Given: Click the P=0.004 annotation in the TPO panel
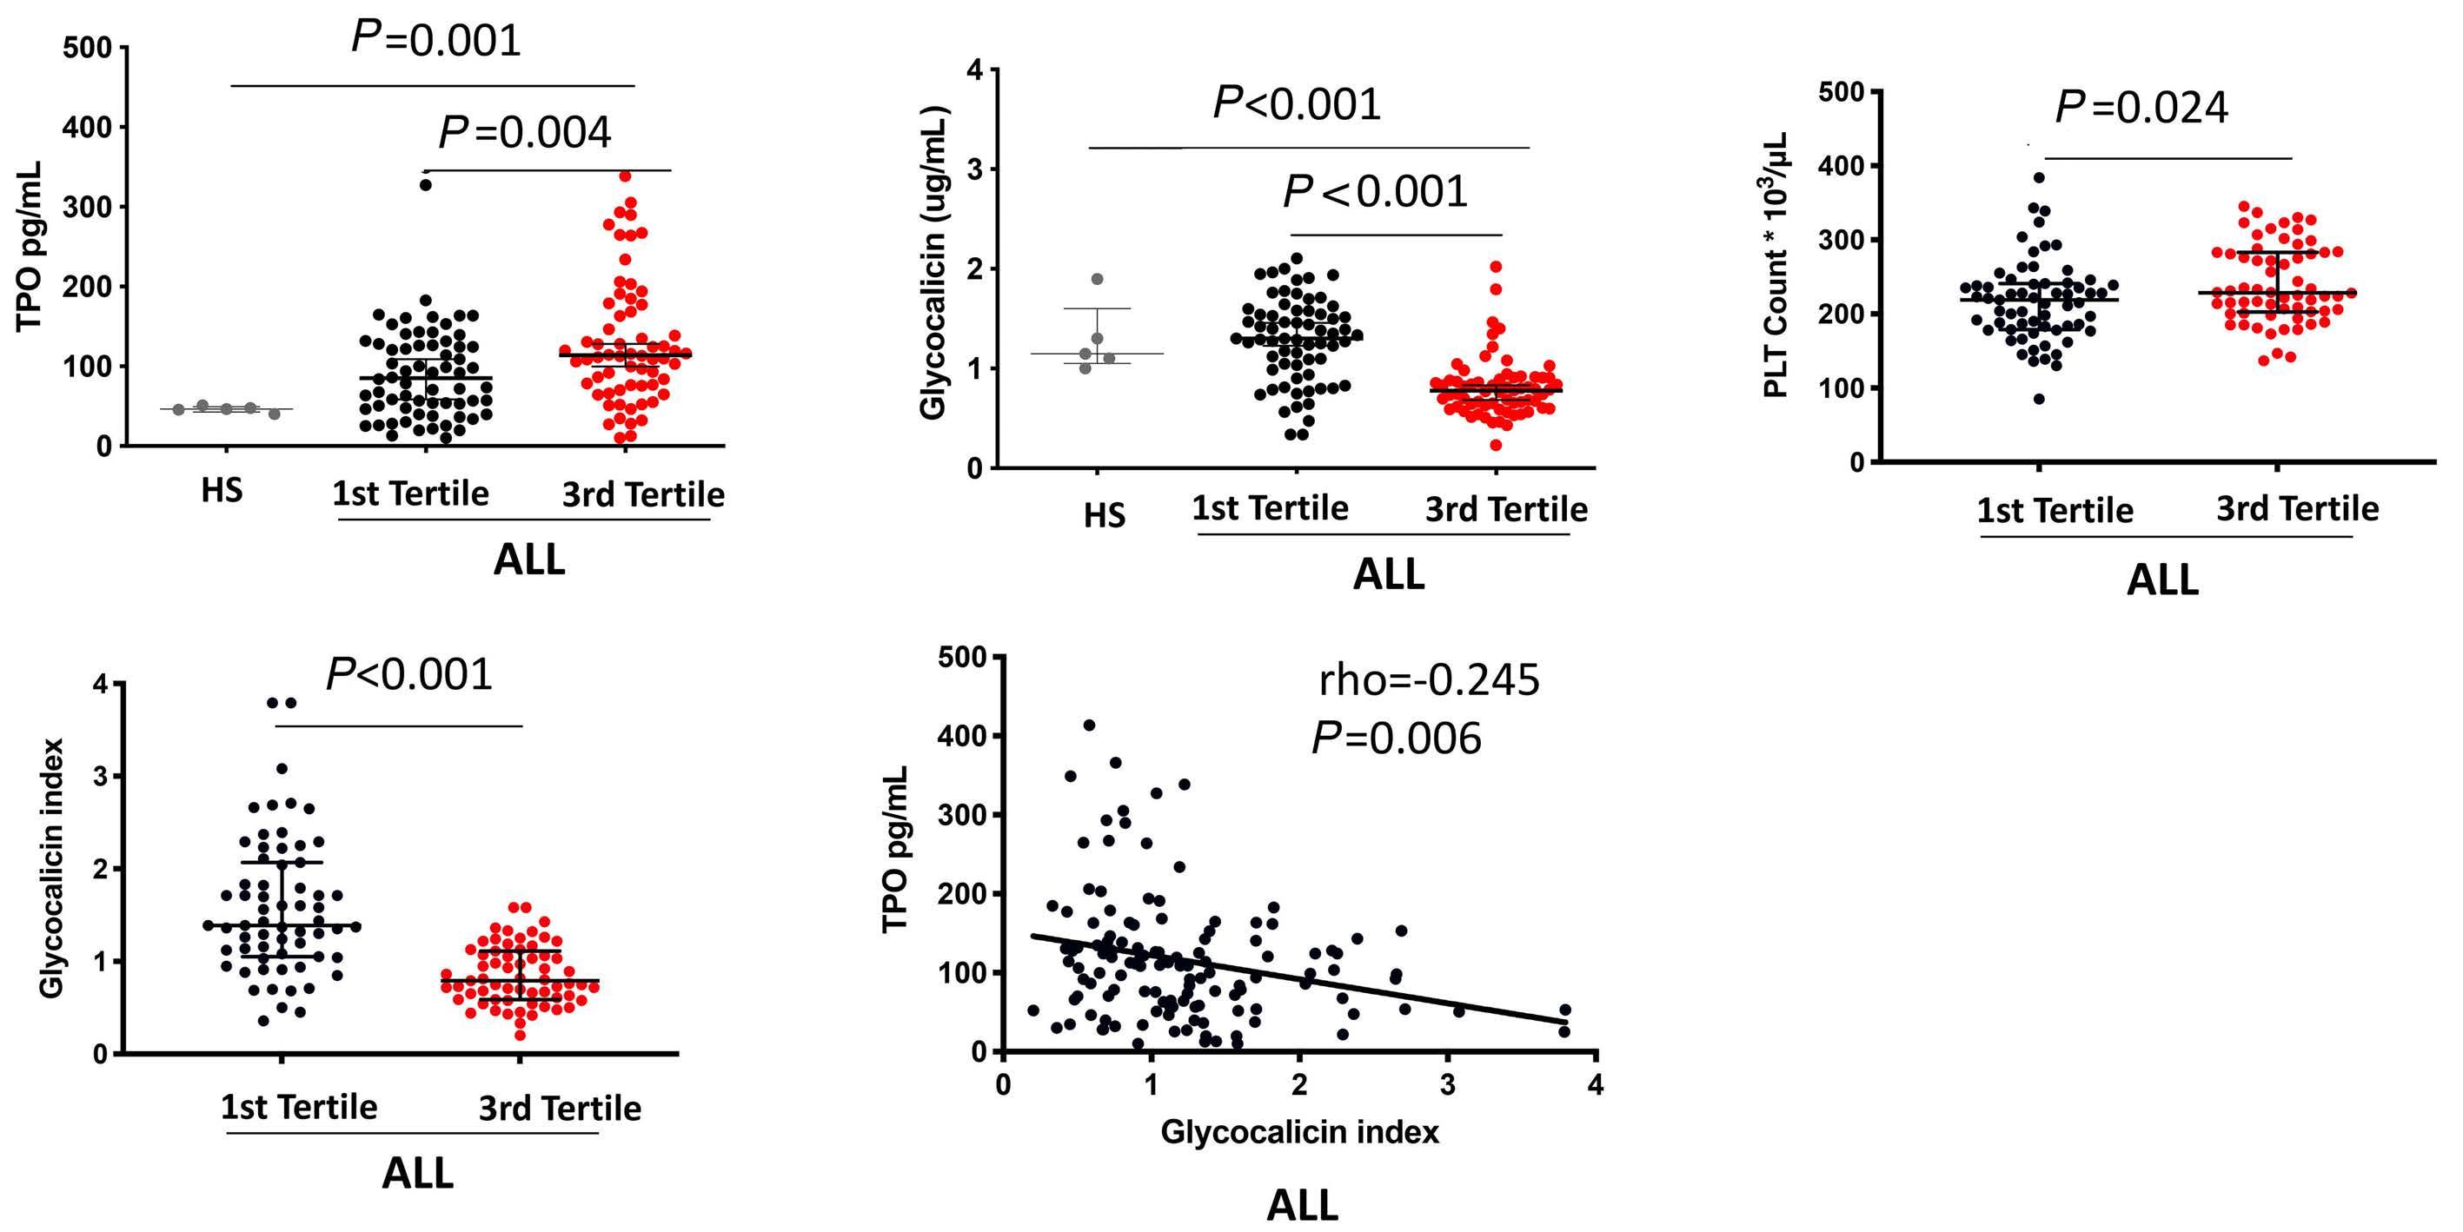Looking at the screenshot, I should point(524,133).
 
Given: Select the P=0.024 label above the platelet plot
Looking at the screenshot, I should point(2141,108).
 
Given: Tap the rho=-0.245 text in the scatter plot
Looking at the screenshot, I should point(1429,679).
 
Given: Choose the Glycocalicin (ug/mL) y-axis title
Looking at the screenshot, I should point(933,263).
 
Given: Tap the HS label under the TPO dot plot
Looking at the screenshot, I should point(222,491).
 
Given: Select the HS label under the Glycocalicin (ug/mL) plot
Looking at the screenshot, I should point(1105,516).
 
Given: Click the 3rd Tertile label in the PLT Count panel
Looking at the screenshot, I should point(2298,508).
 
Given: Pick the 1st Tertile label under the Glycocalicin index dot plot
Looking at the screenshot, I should point(299,1107).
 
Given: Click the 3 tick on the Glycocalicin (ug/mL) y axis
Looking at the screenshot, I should point(975,170).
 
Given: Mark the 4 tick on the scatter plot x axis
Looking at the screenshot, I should point(1595,1086).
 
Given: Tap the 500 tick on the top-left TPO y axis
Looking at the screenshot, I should point(87,48).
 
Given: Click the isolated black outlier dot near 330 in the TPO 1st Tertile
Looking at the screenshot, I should point(426,185).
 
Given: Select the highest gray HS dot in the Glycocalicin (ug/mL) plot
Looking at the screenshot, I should point(1098,279).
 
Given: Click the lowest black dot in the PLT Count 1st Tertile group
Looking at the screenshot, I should point(2039,399).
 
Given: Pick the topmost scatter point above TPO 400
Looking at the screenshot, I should point(1089,725).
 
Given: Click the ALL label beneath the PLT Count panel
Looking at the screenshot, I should point(2161,580).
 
